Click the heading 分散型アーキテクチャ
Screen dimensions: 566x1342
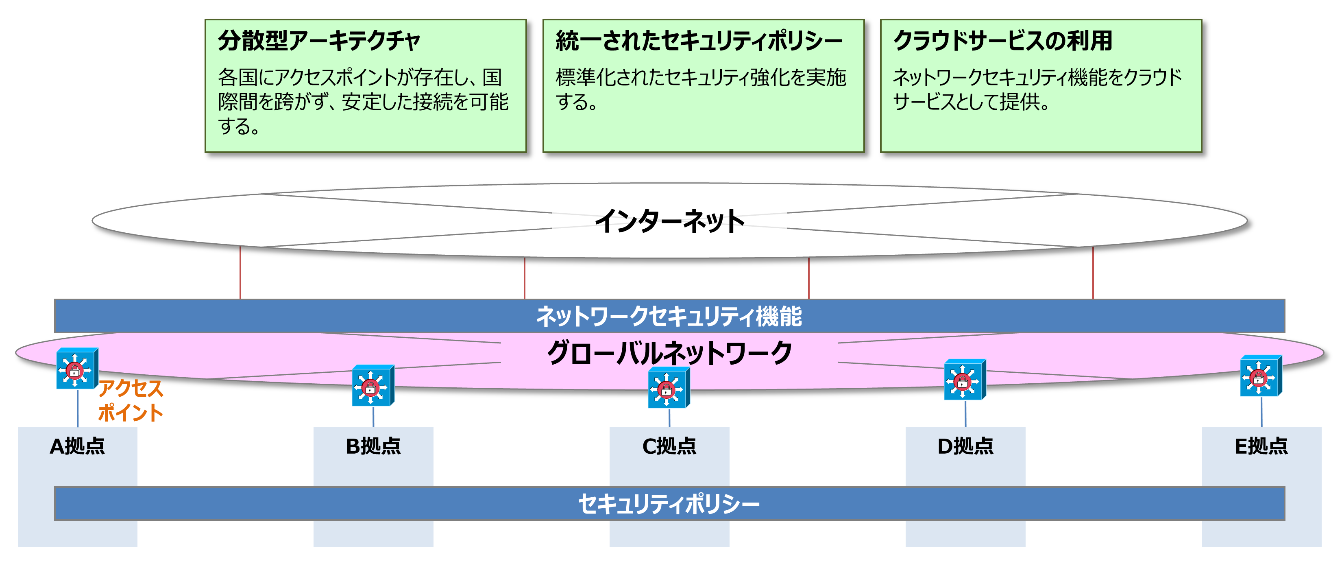(319, 41)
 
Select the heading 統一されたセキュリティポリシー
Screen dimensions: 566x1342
(698, 41)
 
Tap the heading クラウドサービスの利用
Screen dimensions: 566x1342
(1003, 41)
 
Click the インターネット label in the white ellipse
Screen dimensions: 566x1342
(669, 221)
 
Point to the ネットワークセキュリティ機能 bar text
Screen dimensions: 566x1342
(669, 316)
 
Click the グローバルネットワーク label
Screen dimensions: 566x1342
(669, 353)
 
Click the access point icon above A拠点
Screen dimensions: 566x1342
(76, 369)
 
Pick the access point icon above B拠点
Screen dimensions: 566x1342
(372, 386)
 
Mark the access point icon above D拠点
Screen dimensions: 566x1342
(964, 380)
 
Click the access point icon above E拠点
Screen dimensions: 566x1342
(1260, 376)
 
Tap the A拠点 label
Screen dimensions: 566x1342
(77, 446)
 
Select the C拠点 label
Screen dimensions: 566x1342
(669, 446)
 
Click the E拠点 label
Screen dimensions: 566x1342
(1261, 446)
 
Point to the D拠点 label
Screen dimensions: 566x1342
(965, 446)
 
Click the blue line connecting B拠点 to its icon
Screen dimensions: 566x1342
(373, 417)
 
